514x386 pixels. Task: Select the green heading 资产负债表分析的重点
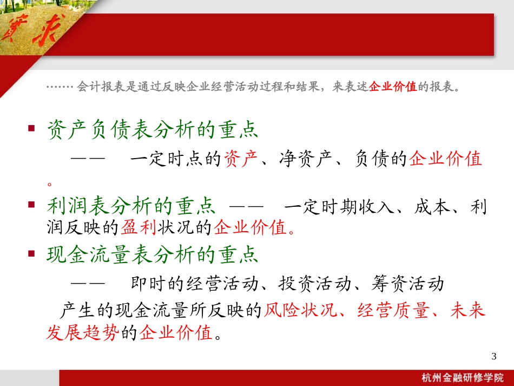click(153, 130)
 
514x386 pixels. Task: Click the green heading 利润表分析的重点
click(131, 207)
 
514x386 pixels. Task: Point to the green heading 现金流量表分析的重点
click(153, 254)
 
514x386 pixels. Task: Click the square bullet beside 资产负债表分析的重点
click(31, 129)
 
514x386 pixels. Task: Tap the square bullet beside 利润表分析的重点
click(31, 206)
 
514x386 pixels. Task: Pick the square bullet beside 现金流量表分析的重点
click(31, 253)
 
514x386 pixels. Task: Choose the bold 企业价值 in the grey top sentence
click(392, 87)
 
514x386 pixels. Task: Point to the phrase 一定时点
click(166, 160)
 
